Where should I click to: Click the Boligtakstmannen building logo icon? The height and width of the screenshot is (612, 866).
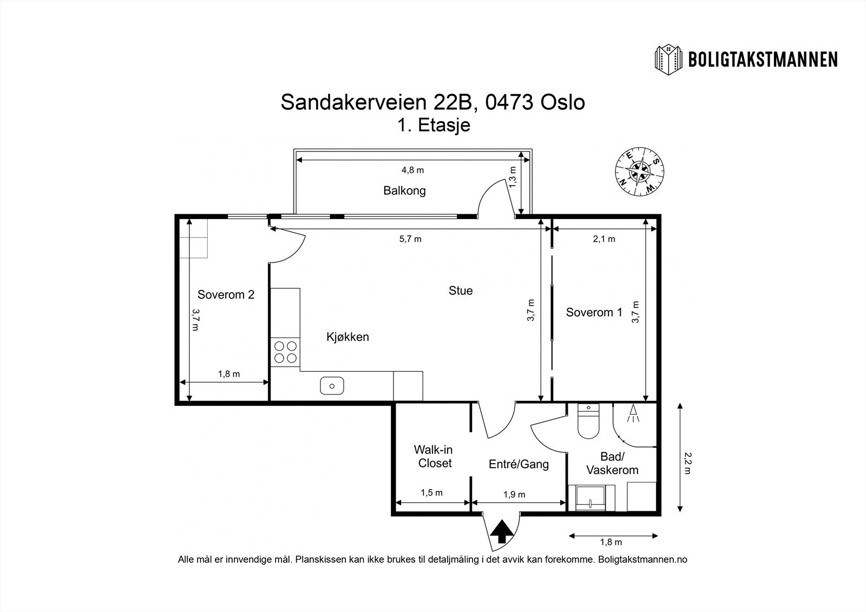pyautogui.click(x=670, y=60)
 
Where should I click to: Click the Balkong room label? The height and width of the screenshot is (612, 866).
pyautogui.click(x=404, y=190)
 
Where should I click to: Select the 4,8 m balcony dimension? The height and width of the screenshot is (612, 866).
pyautogui.click(x=412, y=170)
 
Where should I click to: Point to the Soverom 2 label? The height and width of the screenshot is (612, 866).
pyautogui.click(x=226, y=295)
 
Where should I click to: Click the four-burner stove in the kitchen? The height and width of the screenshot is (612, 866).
pyautogui.click(x=285, y=352)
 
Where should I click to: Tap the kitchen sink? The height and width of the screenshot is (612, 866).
pyautogui.click(x=332, y=386)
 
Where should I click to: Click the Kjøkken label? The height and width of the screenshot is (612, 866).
pyautogui.click(x=347, y=337)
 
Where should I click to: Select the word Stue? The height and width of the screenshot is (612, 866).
pyautogui.click(x=461, y=291)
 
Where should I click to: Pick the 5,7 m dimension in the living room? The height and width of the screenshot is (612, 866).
pyautogui.click(x=410, y=239)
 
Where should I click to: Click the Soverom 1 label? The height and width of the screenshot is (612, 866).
pyautogui.click(x=594, y=312)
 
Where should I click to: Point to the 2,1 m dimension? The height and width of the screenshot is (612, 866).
pyautogui.click(x=604, y=239)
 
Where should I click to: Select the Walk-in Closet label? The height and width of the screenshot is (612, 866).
pyautogui.click(x=433, y=456)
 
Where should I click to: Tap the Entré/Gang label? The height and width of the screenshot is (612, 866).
pyautogui.click(x=519, y=464)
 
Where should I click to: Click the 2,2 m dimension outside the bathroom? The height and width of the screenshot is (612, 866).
pyautogui.click(x=687, y=463)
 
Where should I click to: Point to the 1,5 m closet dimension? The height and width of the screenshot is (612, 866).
pyautogui.click(x=432, y=492)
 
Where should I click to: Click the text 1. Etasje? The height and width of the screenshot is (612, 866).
pyautogui.click(x=433, y=125)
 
